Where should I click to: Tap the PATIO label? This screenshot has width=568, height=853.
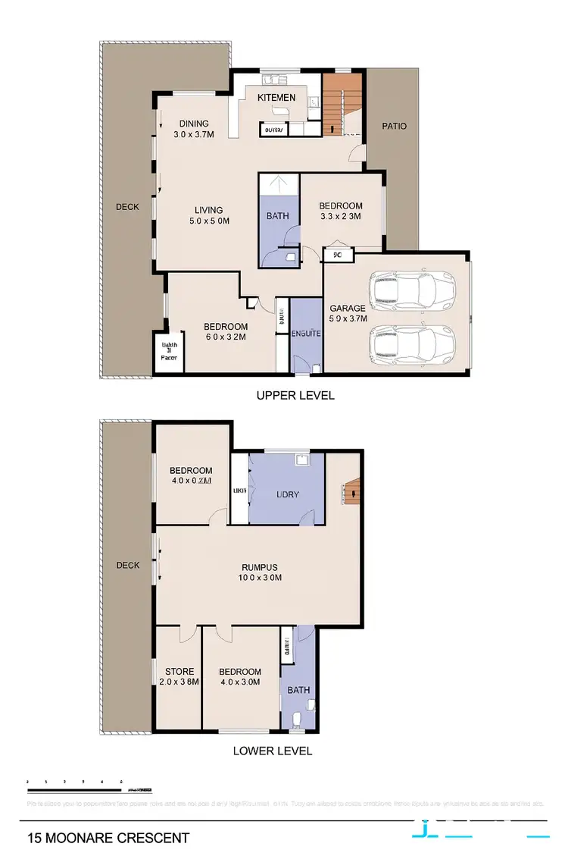(x=393, y=126)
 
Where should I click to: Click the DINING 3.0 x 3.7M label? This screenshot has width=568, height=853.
(x=194, y=130)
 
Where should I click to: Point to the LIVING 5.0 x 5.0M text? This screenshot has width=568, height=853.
(x=208, y=215)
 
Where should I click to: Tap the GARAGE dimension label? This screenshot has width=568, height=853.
(x=348, y=313)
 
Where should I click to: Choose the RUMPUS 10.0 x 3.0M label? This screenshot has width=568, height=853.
(x=260, y=572)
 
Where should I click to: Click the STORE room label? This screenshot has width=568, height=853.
(x=180, y=676)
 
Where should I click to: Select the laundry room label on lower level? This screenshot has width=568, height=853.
(x=288, y=494)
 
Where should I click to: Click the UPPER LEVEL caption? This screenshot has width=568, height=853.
(x=295, y=395)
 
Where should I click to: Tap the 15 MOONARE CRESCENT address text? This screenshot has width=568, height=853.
(x=108, y=838)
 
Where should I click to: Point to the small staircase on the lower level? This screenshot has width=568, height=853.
(x=352, y=493)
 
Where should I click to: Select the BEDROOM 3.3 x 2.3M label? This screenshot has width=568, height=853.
(x=340, y=211)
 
